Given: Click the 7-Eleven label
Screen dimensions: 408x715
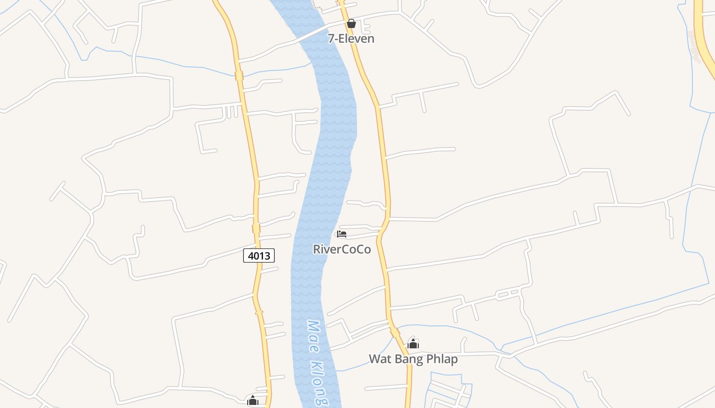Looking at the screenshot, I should (351, 38).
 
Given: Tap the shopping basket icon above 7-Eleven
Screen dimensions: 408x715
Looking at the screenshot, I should (351, 23).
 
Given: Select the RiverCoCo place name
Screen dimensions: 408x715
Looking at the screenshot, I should (342, 249).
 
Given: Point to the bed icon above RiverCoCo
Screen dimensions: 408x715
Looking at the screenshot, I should (342, 234).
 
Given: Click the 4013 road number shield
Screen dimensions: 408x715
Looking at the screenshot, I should (259, 256).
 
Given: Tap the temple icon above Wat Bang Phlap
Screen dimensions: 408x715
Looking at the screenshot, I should (413, 344).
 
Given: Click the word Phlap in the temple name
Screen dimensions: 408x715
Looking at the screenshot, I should (442, 359).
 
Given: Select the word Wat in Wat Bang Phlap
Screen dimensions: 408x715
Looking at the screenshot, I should (379, 359).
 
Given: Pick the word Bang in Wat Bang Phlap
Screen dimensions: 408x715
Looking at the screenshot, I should (408, 359).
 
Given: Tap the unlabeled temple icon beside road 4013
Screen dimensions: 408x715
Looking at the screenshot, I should (253, 401).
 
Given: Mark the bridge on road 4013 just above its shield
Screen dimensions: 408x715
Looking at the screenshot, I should (256, 228).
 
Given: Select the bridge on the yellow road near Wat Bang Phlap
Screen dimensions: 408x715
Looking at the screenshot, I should (395, 332).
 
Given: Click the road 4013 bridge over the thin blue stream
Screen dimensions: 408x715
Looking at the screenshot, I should (239, 76).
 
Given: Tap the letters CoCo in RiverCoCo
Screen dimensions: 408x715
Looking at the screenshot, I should (355, 249).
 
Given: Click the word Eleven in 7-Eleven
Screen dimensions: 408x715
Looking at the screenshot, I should (357, 38).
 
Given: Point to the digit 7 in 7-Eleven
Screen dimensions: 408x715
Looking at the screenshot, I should (331, 38).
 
